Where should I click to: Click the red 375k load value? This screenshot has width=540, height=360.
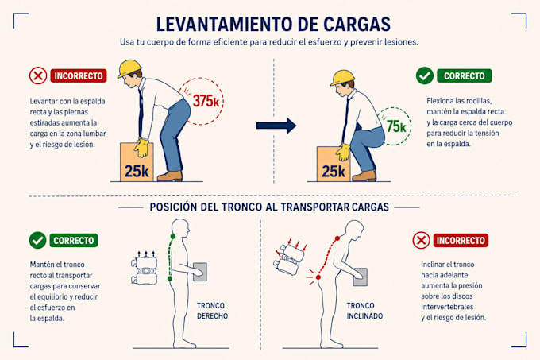(x=206, y=101)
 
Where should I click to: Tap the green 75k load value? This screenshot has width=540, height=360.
(x=396, y=126)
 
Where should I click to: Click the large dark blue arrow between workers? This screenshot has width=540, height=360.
(x=276, y=126)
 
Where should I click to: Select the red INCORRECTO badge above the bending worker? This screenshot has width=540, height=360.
(x=79, y=75)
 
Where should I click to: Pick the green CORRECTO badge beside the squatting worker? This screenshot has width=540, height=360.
(x=465, y=75)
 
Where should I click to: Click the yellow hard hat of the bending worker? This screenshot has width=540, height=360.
(x=129, y=68)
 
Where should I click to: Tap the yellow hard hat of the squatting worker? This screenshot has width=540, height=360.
(x=342, y=78)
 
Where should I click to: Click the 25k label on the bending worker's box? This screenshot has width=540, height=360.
(x=137, y=171)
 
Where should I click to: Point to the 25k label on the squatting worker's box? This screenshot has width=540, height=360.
(x=334, y=171)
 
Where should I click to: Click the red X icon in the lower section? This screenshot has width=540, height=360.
(x=421, y=240)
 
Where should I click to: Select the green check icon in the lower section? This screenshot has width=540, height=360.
(x=38, y=240)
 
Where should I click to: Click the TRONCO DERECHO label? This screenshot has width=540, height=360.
(x=212, y=311)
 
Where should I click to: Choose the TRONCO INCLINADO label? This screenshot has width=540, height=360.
(x=364, y=311)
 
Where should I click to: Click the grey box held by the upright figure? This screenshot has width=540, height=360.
(x=200, y=272)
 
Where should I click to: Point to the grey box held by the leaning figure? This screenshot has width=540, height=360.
(x=361, y=277)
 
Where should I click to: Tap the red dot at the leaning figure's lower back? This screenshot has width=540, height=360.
(x=318, y=277)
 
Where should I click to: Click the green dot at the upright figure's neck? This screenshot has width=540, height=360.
(x=173, y=236)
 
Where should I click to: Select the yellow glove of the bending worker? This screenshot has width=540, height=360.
(x=141, y=148)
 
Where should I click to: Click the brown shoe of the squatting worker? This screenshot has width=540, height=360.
(x=364, y=176)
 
